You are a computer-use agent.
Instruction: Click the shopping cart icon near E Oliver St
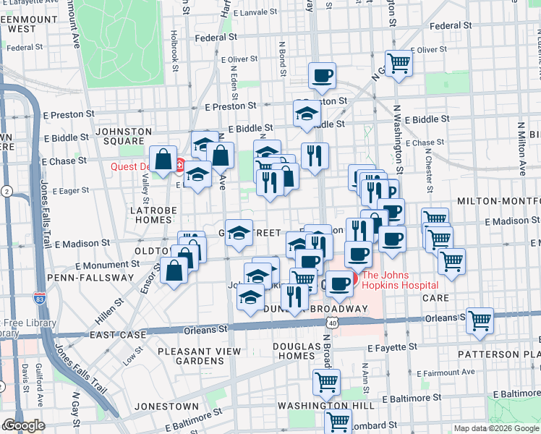pos(399,63)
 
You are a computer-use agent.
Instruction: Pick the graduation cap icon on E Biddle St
pos(307,114)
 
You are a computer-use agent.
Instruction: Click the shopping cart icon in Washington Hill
pos(326,380)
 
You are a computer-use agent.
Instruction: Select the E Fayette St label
pos(388,348)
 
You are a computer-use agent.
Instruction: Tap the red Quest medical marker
pos(179,166)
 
